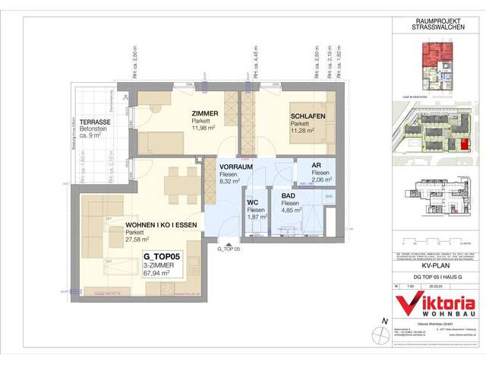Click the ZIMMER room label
point(204,113)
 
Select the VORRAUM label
point(235,166)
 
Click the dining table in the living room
point(175,182)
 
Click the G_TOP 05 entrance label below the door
point(228,249)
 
